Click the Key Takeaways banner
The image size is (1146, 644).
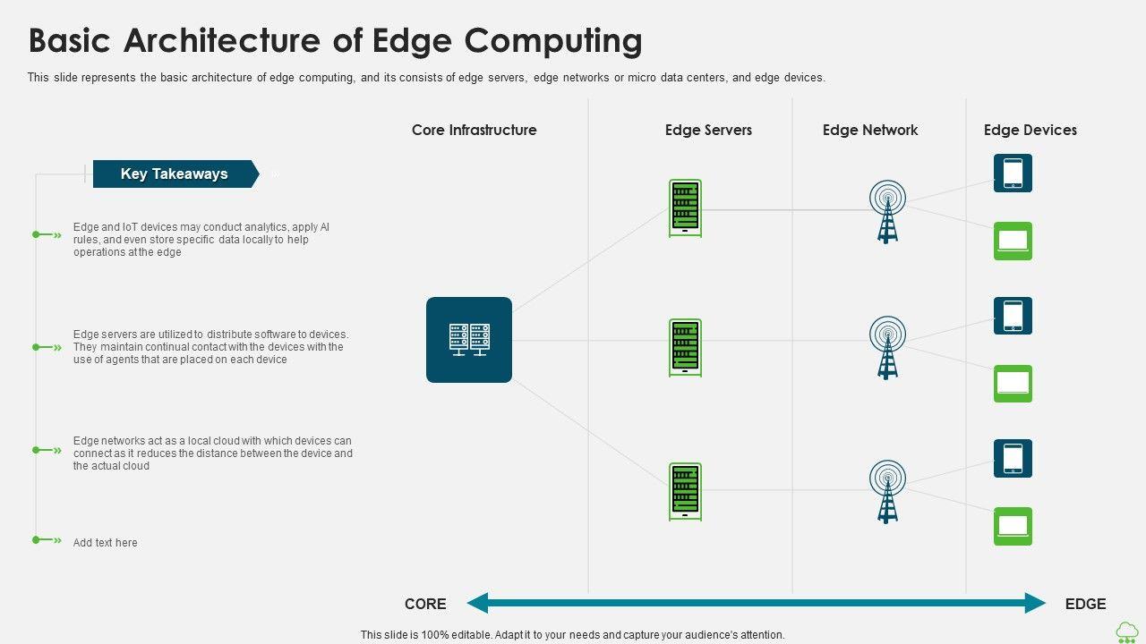pos(175,174)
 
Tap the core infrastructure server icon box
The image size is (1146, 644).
pos(469,340)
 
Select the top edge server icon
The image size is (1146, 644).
pos(685,208)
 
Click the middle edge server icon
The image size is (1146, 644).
pos(685,348)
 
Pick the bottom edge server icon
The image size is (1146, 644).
pos(685,491)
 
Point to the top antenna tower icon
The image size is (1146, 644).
pos(887,211)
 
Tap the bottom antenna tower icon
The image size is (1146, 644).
pos(887,490)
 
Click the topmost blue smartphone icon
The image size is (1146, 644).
pos(1013,173)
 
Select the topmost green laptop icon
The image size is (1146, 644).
pos(1013,241)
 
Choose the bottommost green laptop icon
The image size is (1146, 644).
pos(1013,526)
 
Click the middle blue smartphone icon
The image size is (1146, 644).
pos(1013,316)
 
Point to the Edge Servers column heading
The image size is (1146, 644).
pos(708,130)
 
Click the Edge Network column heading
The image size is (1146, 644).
pos(870,130)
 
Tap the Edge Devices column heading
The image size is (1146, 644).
pos(1030,130)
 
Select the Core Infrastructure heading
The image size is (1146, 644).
pos(474,130)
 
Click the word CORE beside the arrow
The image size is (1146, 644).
pos(425,604)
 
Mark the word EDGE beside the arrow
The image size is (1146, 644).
pos(1085,604)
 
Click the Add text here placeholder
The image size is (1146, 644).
pos(106,542)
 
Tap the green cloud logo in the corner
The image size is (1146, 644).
pos(1127,631)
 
